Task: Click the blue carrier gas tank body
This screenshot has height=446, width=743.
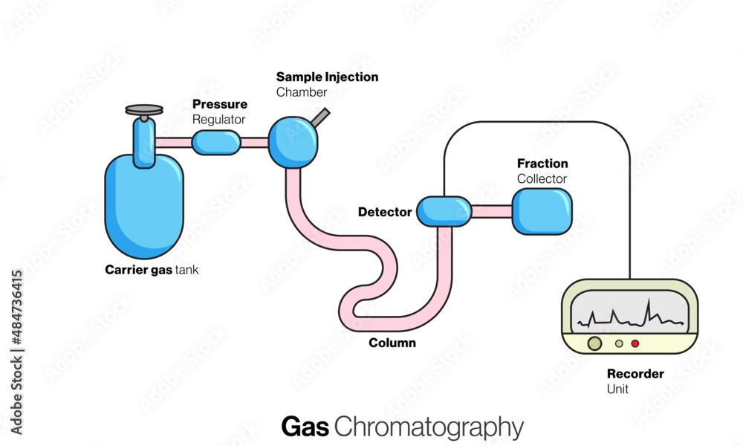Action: (143, 204)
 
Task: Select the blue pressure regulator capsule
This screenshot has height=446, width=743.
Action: (216, 142)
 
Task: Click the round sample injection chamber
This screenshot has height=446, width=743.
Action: (293, 142)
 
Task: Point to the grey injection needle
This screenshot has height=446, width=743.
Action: (322, 117)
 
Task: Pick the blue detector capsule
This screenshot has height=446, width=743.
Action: (444, 211)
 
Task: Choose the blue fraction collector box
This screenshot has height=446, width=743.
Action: (542, 210)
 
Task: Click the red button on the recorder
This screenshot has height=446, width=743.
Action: (635, 343)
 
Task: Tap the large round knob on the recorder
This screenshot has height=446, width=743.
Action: (595, 343)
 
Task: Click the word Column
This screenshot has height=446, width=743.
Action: (392, 343)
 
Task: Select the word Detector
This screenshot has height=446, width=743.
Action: (385, 212)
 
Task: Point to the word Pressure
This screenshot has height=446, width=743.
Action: (220, 105)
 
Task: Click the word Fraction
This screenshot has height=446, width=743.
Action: (542, 164)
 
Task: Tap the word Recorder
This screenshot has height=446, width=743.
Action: (635, 374)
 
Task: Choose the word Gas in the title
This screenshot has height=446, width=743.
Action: (305, 427)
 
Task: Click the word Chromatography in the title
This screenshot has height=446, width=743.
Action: (429, 427)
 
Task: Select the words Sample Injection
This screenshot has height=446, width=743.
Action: (327, 77)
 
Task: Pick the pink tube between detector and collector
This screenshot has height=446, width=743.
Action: (492, 212)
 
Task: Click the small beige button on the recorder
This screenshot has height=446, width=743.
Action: (619, 343)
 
